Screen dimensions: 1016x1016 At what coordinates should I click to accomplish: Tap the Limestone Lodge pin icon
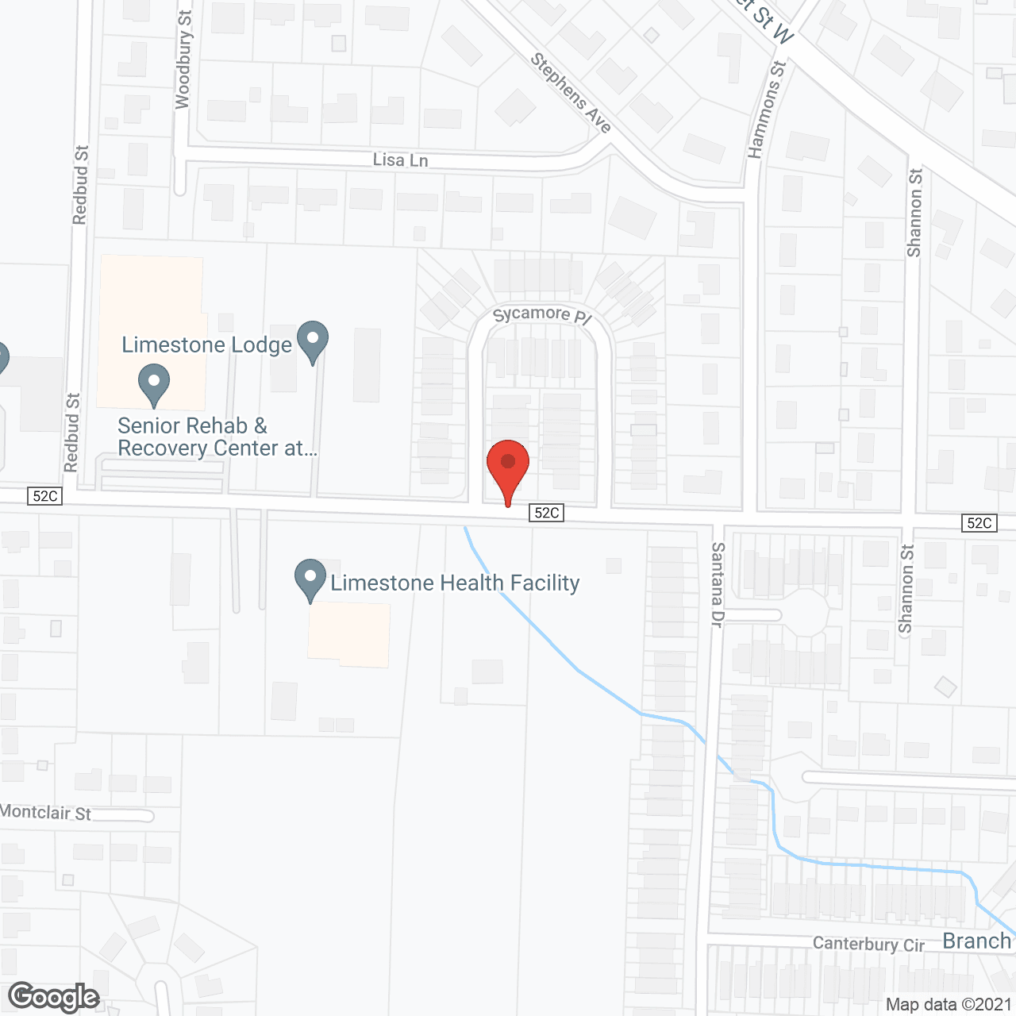313,340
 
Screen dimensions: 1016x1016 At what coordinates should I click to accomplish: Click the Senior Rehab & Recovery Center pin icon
154,383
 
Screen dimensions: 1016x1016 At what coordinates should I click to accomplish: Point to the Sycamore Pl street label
542,315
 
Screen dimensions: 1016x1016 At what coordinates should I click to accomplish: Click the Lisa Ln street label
400,160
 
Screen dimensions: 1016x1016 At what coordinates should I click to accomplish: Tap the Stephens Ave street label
571,93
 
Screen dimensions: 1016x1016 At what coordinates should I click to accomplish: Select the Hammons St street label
766,110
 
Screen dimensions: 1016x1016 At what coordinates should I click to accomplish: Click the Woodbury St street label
183,60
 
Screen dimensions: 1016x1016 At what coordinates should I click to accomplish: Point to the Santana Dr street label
718,585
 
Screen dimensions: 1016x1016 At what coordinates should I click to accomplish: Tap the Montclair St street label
46,813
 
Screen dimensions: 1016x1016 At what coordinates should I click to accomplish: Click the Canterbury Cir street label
868,945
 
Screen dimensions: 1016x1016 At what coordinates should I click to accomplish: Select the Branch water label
976,941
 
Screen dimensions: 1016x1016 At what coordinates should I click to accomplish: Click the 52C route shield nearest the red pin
547,513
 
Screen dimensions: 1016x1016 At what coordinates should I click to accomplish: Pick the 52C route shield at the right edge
979,522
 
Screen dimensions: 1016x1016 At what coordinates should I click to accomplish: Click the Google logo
54,997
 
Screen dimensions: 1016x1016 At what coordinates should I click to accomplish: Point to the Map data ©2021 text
949,1004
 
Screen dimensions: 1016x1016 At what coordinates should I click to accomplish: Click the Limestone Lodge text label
206,345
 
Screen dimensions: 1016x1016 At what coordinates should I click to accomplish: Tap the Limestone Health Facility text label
455,583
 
